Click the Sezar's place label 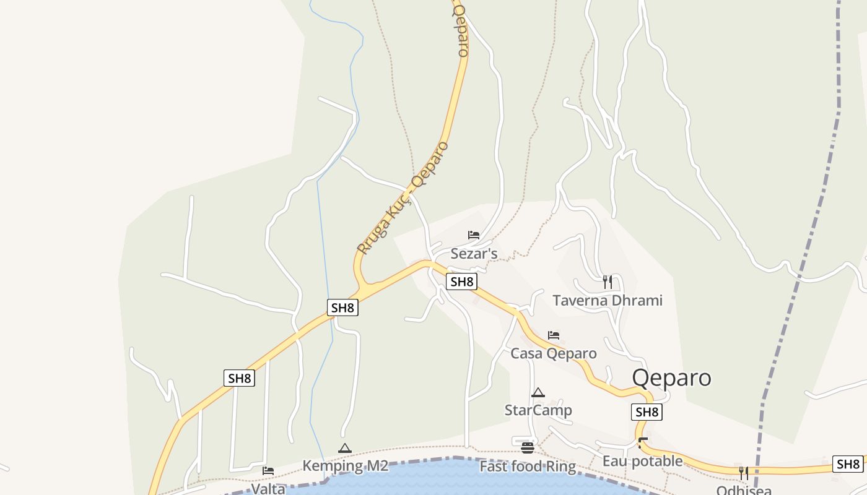[x=474, y=254]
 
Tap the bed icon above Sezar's [x=474, y=235]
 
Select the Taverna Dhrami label [x=607, y=301]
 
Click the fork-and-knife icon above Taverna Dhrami [x=607, y=282]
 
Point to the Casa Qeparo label [x=553, y=353]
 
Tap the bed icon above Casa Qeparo [x=554, y=335]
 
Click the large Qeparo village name [x=671, y=377]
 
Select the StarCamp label [x=538, y=410]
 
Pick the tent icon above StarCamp [x=538, y=392]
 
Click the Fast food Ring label [x=528, y=466]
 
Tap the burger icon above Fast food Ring [x=528, y=448]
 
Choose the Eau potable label [x=642, y=461]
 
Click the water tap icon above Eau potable [x=643, y=443]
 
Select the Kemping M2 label [x=345, y=466]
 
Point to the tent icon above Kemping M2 [x=345, y=449]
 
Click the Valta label [x=268, y=489]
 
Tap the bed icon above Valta [x=268, y=471]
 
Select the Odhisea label [x=743, y=491]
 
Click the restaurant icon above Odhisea [x=743, y=473]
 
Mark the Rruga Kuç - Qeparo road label [x=403, y=198]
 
